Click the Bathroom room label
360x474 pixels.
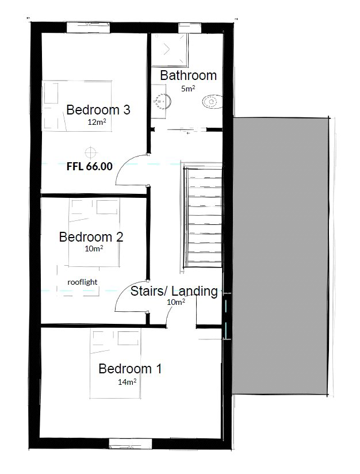[188, 75]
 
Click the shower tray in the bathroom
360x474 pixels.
[170, 50]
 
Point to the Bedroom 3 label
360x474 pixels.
[98, 109]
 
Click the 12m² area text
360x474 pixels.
[97, 122]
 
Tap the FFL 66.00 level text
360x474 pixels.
[90, 166]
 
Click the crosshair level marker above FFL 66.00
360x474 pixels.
[90, 152]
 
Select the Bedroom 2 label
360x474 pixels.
[91, 236]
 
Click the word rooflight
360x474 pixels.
[82, 282]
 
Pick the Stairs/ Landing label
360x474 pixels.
[174, 291]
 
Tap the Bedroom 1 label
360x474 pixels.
[130, 369]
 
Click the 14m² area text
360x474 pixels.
[127, 382]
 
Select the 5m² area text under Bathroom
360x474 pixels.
[188, 89]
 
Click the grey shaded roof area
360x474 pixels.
[279, 256]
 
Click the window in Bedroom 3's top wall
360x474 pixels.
[88, 28]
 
